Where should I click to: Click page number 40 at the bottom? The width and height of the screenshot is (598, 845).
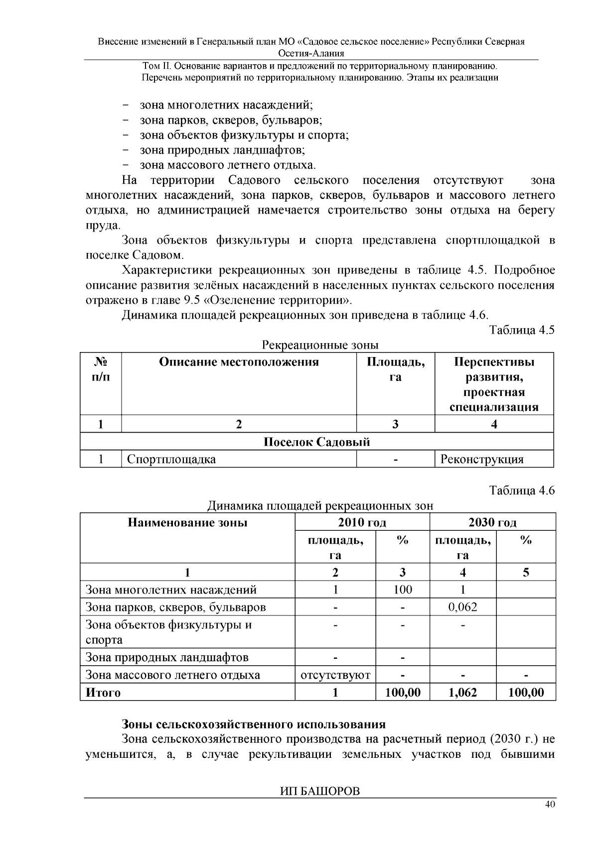click(x=550, y=805)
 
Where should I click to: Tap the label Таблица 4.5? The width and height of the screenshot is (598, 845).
click(x=522, y=330)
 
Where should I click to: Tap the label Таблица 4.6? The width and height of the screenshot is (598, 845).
click(x=522, y=490)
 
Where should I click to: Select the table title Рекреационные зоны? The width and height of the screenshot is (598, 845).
click(x=320, y=345)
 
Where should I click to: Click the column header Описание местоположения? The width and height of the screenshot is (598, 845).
click(x=239, y=362)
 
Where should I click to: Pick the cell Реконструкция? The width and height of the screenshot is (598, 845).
click(x=481, y=459)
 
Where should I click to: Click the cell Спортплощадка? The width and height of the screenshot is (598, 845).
click(x=171, y=459)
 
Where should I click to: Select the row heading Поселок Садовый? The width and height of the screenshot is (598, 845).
click(x=316, y=442)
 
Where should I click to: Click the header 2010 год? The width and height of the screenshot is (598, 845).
click(x=362, y=522)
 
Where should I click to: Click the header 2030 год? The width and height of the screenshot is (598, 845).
click(x=492, y=522)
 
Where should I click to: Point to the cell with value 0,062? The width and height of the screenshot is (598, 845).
click(x=462, y=607)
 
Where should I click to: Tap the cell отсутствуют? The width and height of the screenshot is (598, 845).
click(x=335, y=675)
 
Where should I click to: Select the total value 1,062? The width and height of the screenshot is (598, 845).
click(x=462, y=692)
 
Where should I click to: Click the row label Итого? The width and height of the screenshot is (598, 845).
click(x=103, y=693)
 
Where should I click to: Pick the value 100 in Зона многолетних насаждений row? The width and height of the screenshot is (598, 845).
click(x=402, y=590)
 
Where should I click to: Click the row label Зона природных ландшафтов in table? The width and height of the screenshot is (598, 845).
click(x=167, y=658)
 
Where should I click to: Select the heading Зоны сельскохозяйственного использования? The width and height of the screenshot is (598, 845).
click(x=254, y=724)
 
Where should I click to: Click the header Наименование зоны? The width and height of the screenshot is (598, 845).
click(x=187, y=522)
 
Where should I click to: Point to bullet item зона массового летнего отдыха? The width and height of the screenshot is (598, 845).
click(x=227, y=165)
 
